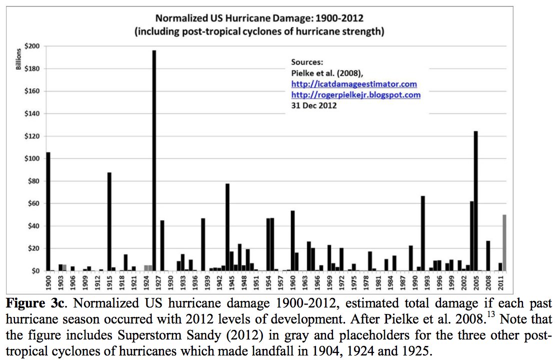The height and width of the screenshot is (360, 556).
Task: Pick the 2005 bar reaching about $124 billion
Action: [x=476, y=200]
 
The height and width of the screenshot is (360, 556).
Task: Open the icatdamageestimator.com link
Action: [x=353, y=83]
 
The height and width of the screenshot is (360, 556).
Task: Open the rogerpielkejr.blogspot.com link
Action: [x=355, y=94]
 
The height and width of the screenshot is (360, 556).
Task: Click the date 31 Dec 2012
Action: [x=313, y=105]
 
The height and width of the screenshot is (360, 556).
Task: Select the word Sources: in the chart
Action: [x=307, y=62]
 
